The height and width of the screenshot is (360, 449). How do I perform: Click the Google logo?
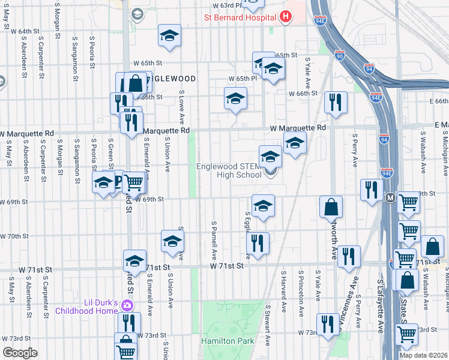(x=20, y=353)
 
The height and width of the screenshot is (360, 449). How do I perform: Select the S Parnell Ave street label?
(x=214, y=236)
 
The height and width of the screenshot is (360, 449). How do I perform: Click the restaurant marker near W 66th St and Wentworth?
(x=335, y=103)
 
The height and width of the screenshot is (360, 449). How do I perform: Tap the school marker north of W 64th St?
(x=169, y=36)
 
